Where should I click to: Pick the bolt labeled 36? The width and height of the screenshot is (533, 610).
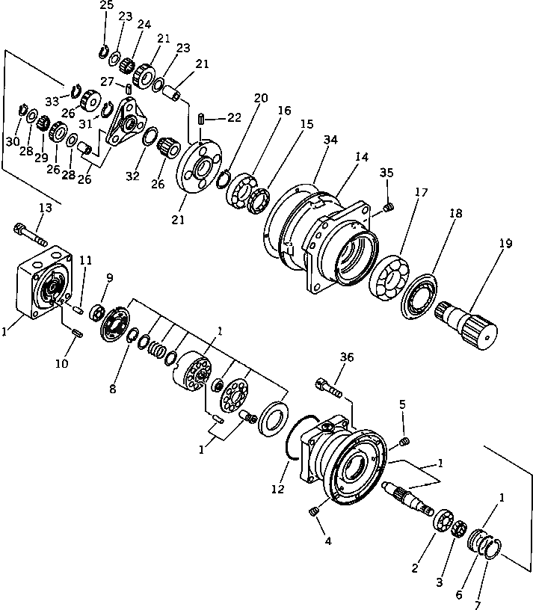click(330, 388)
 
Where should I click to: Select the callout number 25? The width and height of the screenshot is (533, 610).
click(106, 6)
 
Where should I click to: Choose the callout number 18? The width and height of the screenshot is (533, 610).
click(455, 214)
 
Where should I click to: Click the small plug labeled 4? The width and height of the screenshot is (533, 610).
click(315, 511)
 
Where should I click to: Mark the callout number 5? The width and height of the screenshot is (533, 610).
click(402, 404)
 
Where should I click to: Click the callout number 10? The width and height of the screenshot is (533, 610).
click(61, 363)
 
